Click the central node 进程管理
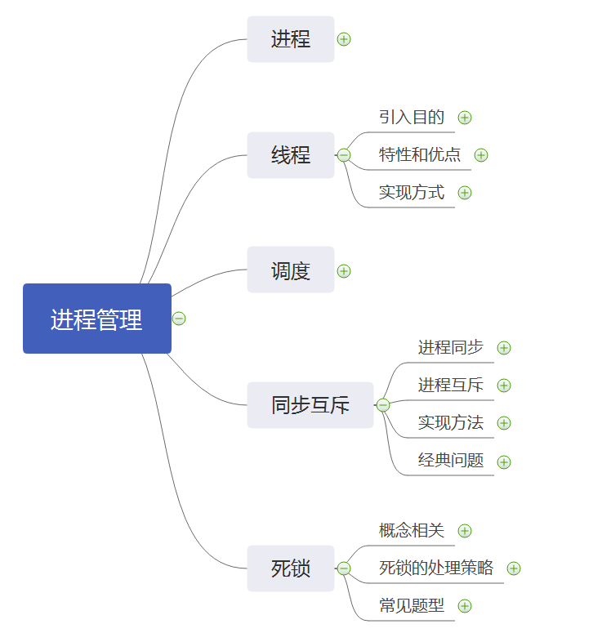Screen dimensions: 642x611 [97, 319]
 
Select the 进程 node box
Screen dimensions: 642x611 [291, 39]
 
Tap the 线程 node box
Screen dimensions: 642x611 [291, 155]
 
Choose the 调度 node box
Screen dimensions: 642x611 [291, 270]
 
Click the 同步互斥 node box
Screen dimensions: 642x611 [310, 404]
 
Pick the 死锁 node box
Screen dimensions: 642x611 [291, 568]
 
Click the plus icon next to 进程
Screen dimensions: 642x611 [344, 39]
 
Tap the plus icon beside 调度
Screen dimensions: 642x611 [344, 271]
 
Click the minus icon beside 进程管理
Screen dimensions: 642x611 [179, 319]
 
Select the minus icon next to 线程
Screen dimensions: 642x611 [344, 155]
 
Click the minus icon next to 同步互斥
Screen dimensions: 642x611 [383, 405]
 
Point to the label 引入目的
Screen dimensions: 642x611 [412, 117]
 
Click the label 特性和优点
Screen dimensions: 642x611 [420, 154]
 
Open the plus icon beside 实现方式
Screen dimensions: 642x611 [465, 193]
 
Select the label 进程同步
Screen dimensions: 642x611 [451, 347]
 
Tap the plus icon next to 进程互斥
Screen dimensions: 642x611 [504, 386]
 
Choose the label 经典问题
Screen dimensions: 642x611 [451, 460]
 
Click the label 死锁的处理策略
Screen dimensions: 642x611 [436, 568]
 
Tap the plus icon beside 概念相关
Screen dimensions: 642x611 [465, 531]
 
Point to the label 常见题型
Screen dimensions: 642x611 [412, 605]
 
